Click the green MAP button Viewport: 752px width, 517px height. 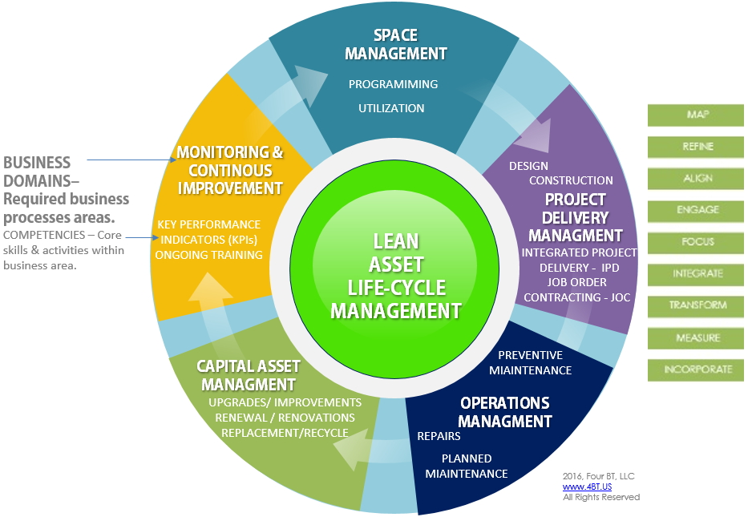[x=695, y=115]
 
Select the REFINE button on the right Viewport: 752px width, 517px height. [x=695, y=147]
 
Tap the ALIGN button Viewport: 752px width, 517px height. [x=695, y=179]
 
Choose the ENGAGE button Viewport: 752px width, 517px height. [x=695, y=211]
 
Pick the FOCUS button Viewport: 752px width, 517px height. [x=695, y=243]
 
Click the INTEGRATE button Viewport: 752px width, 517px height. [x=695, y=274]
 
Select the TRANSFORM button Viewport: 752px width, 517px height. [x=695, y=306]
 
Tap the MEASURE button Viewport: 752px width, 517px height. [x=695, y=338]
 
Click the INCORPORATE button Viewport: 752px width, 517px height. [x=695, y=370]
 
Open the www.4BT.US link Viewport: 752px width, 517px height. [x=587, y=487]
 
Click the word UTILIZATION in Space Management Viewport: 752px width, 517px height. [x=391, y=108]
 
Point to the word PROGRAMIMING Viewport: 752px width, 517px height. [x=394, y=84]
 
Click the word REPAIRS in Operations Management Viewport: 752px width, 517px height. [x=439, y=436]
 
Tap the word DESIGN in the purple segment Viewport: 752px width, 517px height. [x=528, y=166]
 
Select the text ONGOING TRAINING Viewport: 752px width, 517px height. [x=208, y=255]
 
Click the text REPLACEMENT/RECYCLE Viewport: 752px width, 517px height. [x=285, y=433]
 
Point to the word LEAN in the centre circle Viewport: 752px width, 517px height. [x=396, y=241]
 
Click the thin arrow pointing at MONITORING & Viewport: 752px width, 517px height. [x=131, y=160]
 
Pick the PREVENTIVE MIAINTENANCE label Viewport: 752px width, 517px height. [x=531, y=362]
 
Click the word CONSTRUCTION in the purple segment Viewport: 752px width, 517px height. [x=571, y=181]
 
